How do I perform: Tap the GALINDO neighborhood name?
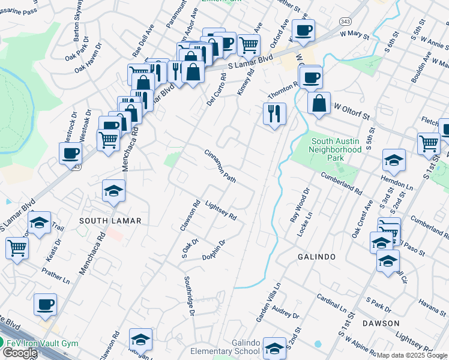click(x=317, y=257)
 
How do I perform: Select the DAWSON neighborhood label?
click(x=381, y=323)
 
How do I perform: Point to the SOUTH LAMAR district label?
click(x=110, y=221)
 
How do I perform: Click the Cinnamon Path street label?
click(x=220, y=166)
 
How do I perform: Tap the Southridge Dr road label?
click(x=188, y=296)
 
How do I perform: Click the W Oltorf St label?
click(x=354, y=112)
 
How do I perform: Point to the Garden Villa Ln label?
click(x=268, y=304)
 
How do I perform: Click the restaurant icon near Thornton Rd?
click(x=274, y=113)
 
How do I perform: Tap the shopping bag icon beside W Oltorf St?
click(x=319, y=103)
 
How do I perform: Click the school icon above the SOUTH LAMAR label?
click(x=113, y=190)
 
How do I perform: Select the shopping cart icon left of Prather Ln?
click(x=17, y=247)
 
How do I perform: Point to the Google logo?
click(x=20, y=353)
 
